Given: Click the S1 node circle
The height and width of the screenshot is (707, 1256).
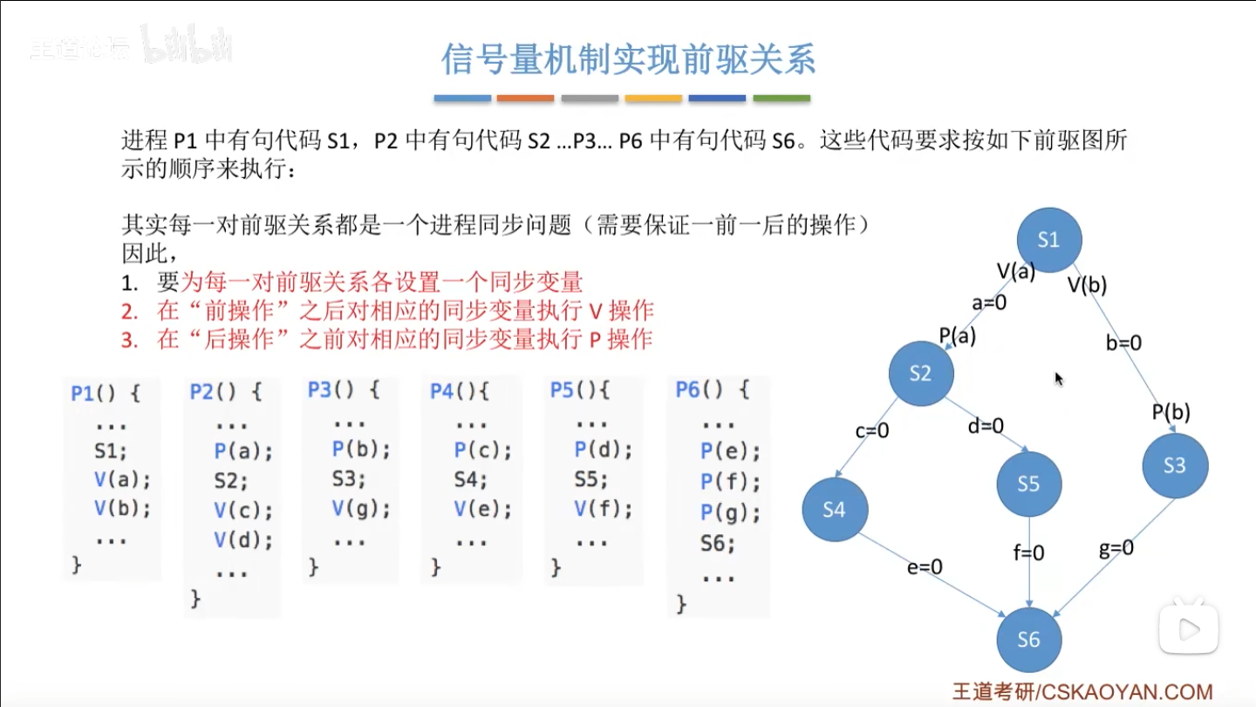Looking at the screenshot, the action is (1048, 240).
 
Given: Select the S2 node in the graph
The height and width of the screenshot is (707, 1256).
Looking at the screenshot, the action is (921, 374).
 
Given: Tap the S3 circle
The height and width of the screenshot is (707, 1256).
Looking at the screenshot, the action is (1175, 465).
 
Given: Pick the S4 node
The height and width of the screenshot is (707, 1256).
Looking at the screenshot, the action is (835, 510).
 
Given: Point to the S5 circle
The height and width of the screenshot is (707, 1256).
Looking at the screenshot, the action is (1029, 484).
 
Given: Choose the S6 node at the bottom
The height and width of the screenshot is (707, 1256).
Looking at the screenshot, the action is (1029, 640).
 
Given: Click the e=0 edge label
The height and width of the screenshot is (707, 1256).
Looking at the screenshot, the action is (925, 567).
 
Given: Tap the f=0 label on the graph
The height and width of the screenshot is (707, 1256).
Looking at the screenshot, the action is (1029, 553).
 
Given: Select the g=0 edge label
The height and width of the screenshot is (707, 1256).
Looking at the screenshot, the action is (1116, 548).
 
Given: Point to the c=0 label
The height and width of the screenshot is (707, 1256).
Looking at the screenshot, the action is (871, 430).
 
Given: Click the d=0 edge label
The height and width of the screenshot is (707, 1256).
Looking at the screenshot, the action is (986, 426).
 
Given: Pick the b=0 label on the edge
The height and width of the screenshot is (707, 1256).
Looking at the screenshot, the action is (1123, 344).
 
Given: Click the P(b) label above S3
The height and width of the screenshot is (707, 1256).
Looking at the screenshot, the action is (1171, 412).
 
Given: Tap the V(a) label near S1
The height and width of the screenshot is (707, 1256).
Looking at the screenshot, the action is (1016, 271).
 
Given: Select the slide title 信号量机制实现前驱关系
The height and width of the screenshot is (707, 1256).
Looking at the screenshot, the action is (628, 60).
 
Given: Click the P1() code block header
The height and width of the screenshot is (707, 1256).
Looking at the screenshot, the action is (105, 394).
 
